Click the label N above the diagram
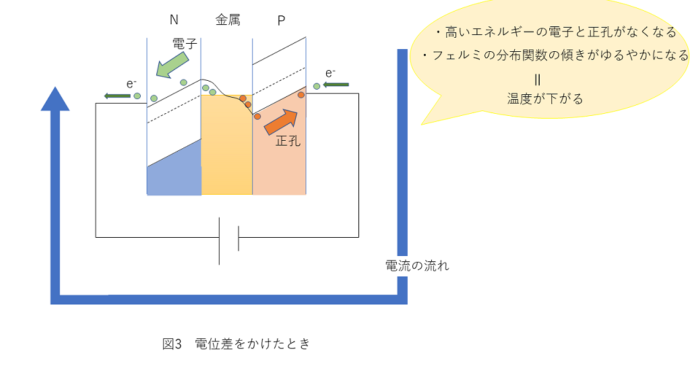pos(174,20)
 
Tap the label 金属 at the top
pos(228,20)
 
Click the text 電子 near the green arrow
pos(185,44)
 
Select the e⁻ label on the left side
pos(131,84)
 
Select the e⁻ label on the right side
pos(331,73)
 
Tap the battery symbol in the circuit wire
pos(229,241)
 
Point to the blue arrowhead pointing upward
pos(55,99)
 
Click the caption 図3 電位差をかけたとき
pos(237,344)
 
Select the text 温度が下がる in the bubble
pos(545,98)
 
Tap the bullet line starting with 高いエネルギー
pos(556,32)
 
